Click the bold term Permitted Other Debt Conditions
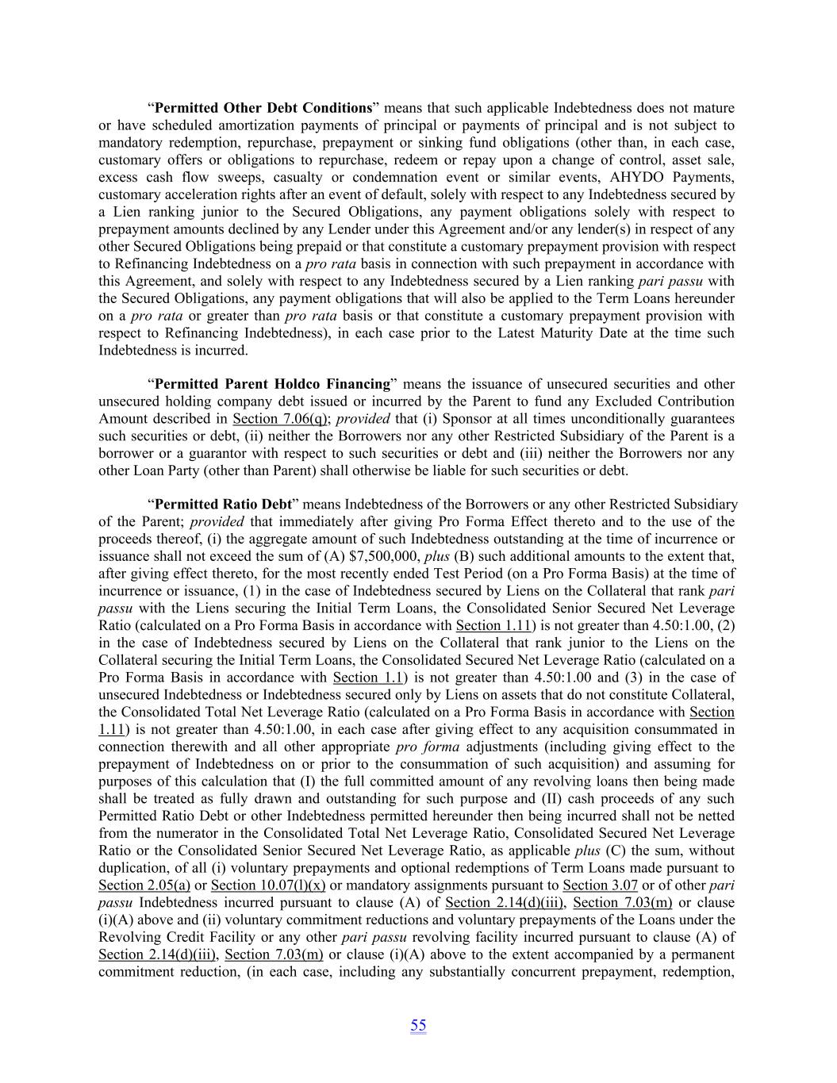[x=263, y=108]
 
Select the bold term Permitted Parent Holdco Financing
[x=272, y=384]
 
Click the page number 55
[x=418, y=1025]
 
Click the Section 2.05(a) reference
[x=144, y=885]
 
